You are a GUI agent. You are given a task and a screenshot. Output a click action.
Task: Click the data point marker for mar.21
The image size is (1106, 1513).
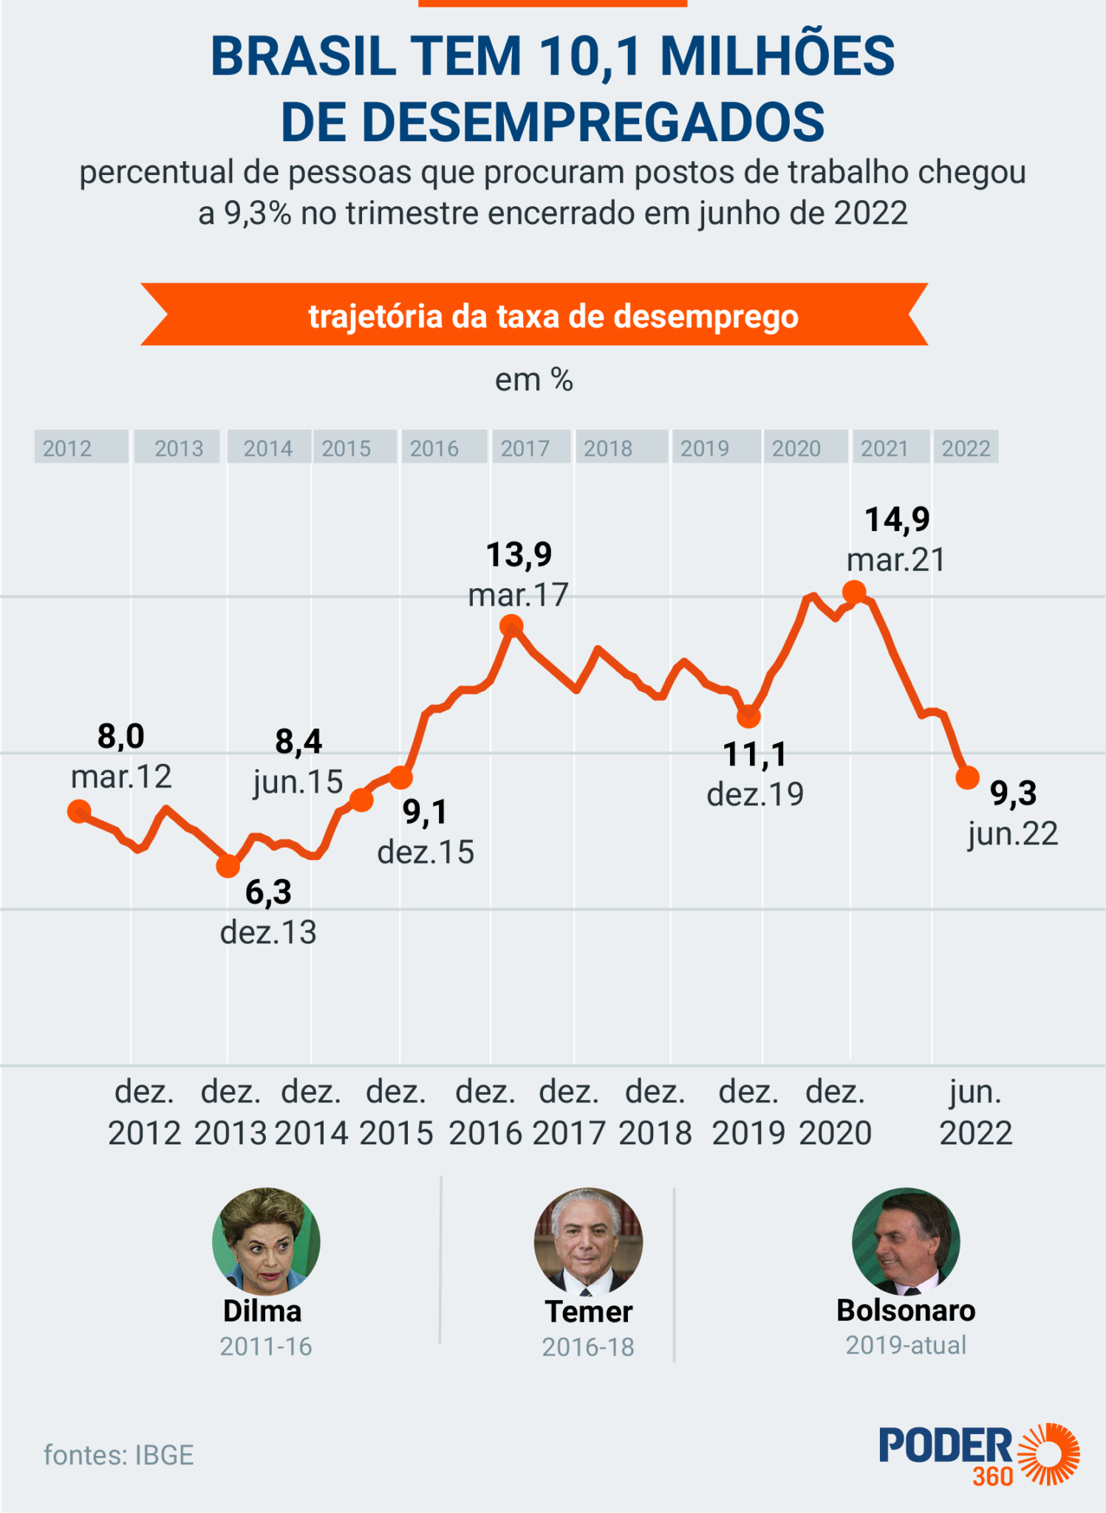click(854, 592)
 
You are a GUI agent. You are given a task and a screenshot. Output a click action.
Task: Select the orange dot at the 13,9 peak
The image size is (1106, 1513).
click(511, 627)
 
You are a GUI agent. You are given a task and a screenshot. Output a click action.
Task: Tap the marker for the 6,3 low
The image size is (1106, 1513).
click(228, 866)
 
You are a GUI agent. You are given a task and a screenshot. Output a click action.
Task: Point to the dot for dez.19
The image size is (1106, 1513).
click(749, 715)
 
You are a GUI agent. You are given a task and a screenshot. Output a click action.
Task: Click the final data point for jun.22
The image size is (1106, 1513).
click(967, 777)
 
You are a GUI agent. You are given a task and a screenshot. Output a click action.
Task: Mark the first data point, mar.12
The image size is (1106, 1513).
click(79, 811)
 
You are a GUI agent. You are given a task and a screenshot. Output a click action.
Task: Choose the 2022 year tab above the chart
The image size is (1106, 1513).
click(966, 447)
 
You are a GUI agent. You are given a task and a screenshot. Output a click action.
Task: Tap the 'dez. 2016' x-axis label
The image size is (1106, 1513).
click(485, 1112)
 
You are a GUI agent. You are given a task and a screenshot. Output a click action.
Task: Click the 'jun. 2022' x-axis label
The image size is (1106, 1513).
click(975, 1112)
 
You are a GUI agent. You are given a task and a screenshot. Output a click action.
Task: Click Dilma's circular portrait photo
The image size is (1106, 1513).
click(266, 1241)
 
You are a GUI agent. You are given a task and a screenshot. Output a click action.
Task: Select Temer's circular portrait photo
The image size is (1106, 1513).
click(588, 1242)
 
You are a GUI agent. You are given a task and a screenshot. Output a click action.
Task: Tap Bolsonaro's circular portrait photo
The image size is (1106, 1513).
click(906, 1241)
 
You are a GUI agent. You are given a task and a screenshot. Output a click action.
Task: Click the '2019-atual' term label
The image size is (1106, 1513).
click(906, 1345)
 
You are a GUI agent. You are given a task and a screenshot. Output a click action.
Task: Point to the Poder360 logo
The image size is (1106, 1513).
click(979, 1455)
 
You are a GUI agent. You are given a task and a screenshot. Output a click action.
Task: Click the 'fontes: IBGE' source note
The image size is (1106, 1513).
click(119, 1455)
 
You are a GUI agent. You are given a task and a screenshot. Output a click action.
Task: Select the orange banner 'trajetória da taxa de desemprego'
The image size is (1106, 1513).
click(534, 315)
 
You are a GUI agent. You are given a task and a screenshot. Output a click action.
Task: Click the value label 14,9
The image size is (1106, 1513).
click(897, 519)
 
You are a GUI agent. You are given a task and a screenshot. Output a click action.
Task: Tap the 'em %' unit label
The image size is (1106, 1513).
click(534, 380)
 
